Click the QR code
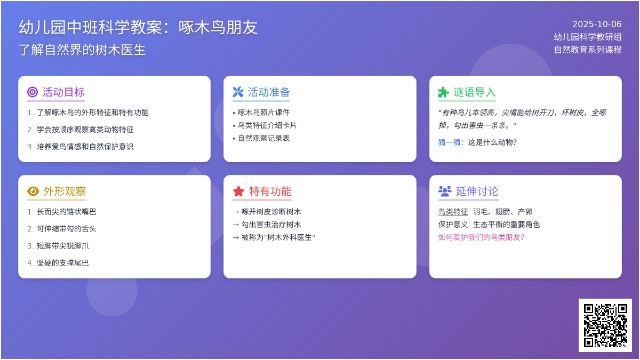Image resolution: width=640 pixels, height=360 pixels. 605,325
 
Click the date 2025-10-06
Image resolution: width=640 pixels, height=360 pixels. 597,25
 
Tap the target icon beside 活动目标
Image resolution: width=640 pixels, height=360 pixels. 33,92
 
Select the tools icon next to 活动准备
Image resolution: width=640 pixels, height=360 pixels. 238,92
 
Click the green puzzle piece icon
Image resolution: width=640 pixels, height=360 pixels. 443,92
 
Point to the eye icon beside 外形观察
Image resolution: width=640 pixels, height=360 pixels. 33,191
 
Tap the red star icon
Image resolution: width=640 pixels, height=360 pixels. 238,191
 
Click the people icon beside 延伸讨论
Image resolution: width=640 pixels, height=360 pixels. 445,191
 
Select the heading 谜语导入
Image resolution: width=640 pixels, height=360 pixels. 474,92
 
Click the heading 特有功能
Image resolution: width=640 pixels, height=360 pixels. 270,191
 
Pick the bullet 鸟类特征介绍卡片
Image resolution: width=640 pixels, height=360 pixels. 267,125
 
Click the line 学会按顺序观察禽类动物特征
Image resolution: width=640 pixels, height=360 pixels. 85,130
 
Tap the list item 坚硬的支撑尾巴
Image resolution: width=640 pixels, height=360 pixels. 62,263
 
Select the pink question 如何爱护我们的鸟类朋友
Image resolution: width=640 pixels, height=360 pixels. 481,237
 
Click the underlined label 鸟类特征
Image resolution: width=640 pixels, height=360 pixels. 453,212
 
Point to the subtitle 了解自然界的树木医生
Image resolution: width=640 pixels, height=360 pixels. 82,50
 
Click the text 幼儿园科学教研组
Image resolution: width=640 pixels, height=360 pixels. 588,37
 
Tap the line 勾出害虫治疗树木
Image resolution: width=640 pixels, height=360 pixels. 271,225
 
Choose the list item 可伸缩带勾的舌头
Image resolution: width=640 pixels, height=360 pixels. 66,229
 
